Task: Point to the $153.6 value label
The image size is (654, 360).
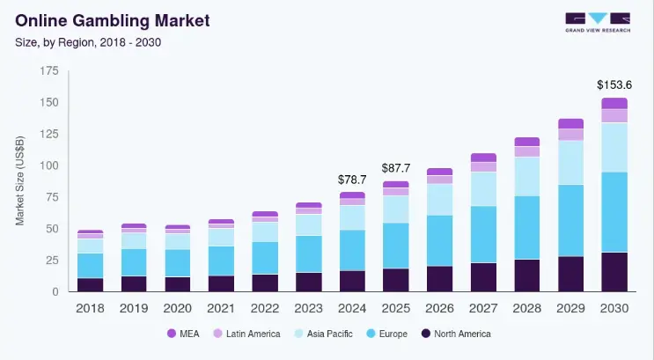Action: pyautogui.click(x=614, y=84)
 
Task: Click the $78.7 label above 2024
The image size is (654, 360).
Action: pyautogui.click(x=352, y=180)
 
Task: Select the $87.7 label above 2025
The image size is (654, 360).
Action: pyautogui.click(x=396, y=168)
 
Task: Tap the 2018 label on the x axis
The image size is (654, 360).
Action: pyautogui.click(x=90, y=309)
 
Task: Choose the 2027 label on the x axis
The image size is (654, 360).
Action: pyautogui.click(x=483, y=309)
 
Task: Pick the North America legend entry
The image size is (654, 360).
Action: pyautogui.click(x=454, y=334)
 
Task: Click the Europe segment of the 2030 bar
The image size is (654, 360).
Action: pyautogui.click(x=614, y=211)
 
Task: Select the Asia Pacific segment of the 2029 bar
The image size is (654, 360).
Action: pyautogui.click(x=570, y=163)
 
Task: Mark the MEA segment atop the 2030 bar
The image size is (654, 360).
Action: pyautogui.click(x=614, y=103)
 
